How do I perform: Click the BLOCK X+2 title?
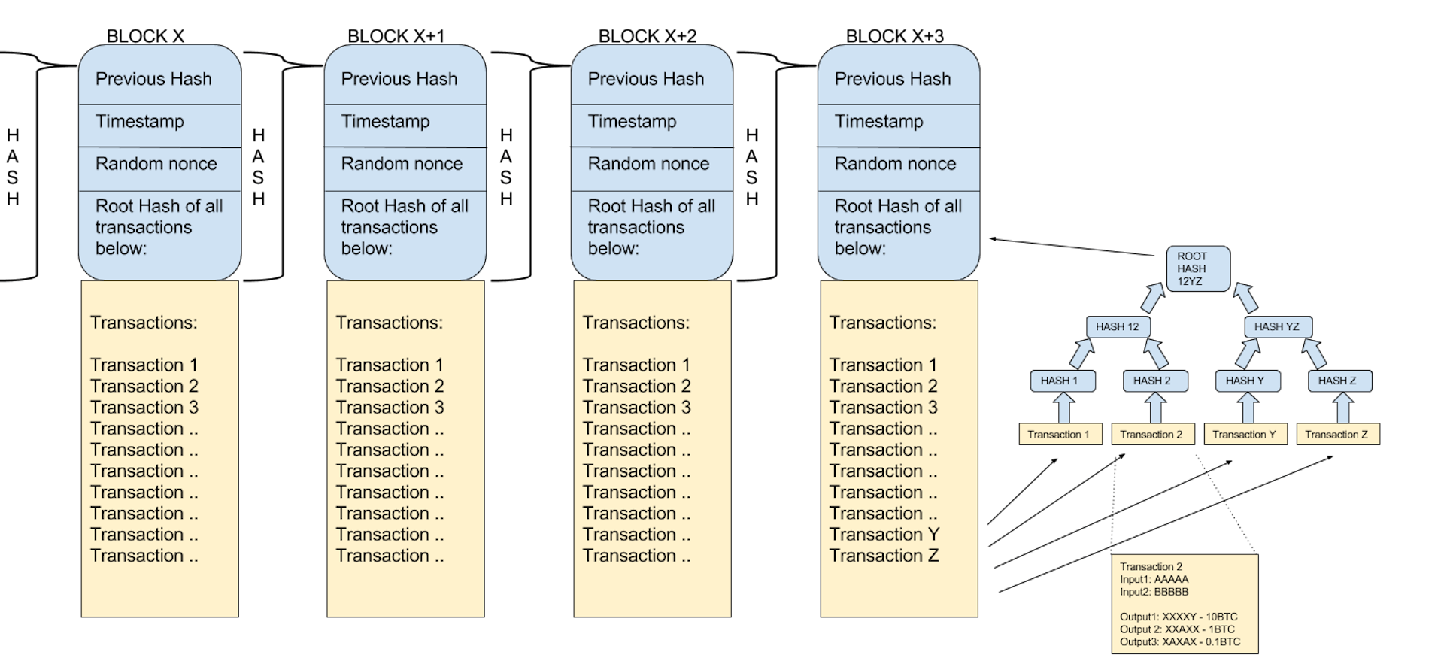coord(647,35)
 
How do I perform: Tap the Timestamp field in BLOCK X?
coord(140,122)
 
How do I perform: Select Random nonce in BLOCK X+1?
coord(402,164)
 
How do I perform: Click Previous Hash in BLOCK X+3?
coord(893,79)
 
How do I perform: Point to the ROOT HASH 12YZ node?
coord(1197,268)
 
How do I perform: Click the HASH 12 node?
coord(1118,326)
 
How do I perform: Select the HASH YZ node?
coord(1277,326)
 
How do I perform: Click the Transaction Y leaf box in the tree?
coord(1245,435)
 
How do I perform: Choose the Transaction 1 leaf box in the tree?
coord(1060,435)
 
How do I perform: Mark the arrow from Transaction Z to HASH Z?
coord(1342,408)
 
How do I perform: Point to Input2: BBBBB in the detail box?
coord(1154,592)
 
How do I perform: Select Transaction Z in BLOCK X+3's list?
coord(884,556)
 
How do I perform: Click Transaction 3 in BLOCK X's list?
coord(144,408)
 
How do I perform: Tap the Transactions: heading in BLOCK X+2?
coord(636,323)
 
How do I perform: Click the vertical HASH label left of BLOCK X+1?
coord(259,167)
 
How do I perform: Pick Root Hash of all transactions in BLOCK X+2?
coord(651,227)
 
